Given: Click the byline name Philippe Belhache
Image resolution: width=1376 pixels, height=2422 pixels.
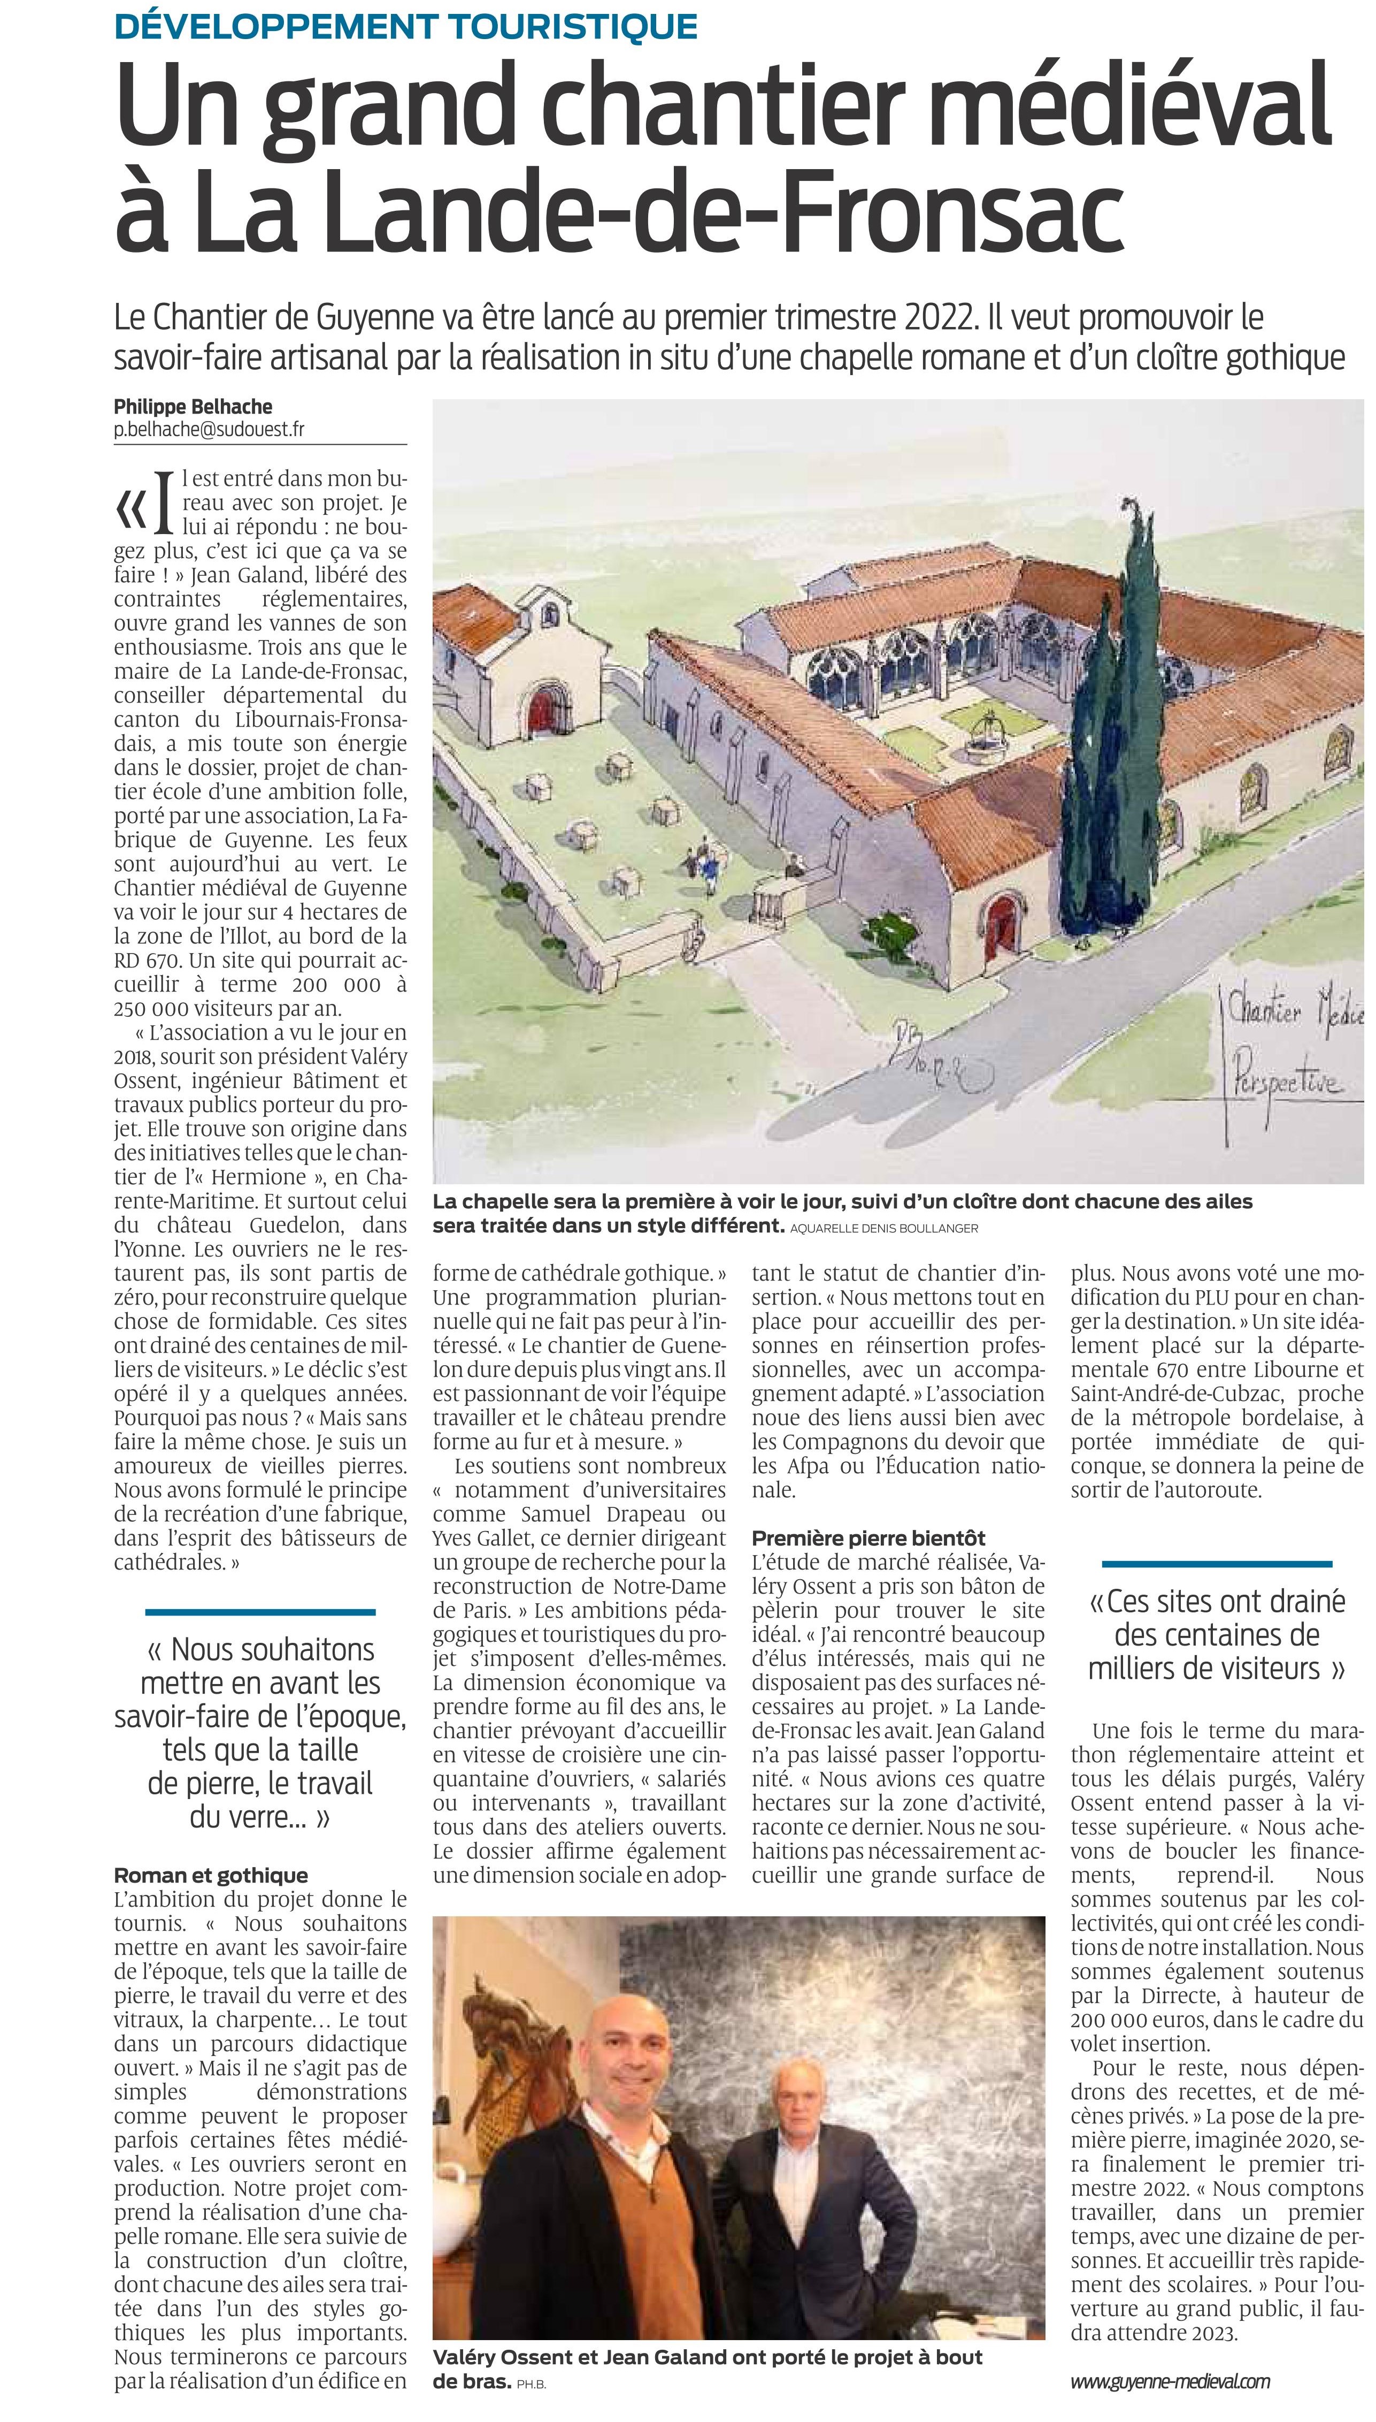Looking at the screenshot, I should [x=193, y=407].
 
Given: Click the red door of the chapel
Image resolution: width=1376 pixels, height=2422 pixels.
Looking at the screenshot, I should [x=545, y=711].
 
